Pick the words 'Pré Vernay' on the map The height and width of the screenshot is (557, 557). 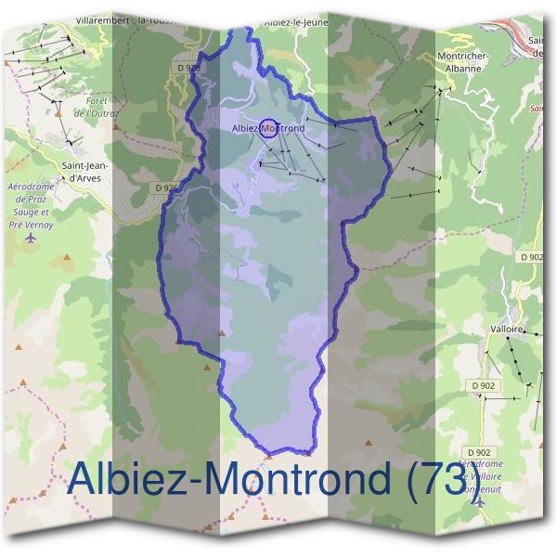tap(31, 224)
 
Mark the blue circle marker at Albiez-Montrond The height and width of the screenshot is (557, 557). tap(268, 128)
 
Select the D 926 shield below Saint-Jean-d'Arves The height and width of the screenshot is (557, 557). tap(167, 188)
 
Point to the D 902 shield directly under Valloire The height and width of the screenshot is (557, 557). tap(483, 383)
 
